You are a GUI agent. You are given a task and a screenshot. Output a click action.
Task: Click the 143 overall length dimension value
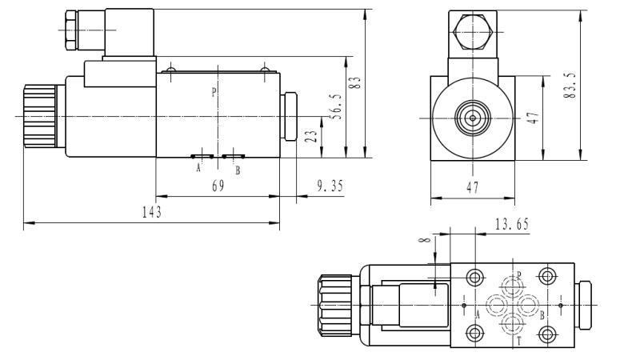[x=153, y=212]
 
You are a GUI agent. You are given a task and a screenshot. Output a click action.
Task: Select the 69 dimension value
[x=217, y=185]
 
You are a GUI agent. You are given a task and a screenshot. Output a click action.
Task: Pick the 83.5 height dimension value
[x=570, y=84]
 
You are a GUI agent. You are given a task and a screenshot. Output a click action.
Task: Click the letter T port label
[x=519, y=341]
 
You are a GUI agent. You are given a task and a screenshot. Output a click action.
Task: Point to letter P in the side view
[x=214, y=92]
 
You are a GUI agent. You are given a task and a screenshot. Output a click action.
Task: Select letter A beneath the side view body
[x=198, y=169]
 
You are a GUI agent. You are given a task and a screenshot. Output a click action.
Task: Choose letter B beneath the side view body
[x=237, y=170]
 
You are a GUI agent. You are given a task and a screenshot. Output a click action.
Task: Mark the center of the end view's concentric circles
[x=472, y=118]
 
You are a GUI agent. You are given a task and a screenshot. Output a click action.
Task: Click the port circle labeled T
[x=512, y=324]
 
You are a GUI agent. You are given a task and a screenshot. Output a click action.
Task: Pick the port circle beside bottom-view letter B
[x=530, y=305]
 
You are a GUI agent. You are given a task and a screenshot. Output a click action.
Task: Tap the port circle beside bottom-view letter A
[x=494, y=305]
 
